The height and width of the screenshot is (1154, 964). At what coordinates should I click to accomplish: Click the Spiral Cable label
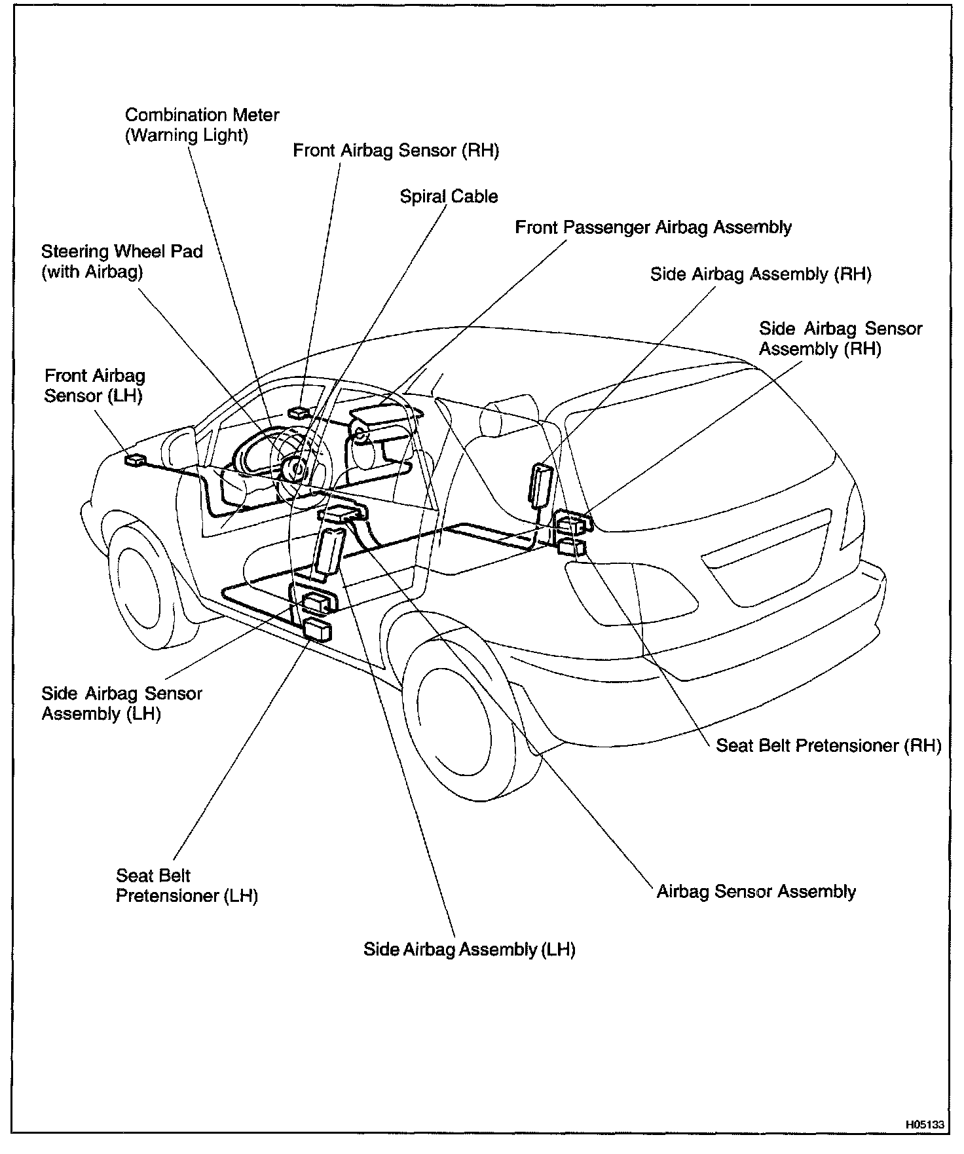click(x=449, y=196)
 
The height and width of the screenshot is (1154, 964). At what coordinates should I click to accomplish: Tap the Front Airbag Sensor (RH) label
click(x=396, y=151)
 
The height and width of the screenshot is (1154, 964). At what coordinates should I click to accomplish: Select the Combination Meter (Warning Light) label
click(x=202, y=125)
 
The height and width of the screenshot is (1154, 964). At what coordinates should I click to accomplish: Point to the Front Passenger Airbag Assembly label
click(x=653, y=228)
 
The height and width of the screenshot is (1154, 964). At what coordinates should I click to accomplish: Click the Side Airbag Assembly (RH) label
click(x=760, y=274)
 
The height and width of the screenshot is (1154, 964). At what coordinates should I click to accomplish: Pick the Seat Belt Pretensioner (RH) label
click(x=828, y=745)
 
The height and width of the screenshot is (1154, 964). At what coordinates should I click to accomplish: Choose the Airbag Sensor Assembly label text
click(x=756, y=891)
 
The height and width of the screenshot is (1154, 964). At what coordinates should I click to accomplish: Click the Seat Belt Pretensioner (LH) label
click(x=187, y=885)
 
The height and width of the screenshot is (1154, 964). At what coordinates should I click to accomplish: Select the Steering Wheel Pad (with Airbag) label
click(x=122, y=261)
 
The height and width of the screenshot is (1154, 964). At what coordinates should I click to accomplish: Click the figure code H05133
click(x=925, y=1125)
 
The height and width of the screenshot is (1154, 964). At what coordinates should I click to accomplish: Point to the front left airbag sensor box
click(x=136, y=460)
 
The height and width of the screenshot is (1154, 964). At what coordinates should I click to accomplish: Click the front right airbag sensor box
click(x=299, y=412)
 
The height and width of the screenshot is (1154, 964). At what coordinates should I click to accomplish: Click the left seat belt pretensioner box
click(x=318, y=630)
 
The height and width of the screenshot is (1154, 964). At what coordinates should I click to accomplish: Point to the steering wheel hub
click(x=296, y=468)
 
